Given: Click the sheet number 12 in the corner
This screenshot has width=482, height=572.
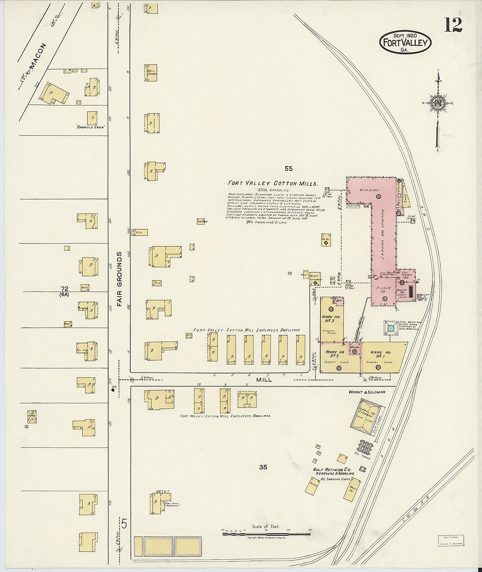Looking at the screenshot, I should pyautogui.click(x=453, y=25).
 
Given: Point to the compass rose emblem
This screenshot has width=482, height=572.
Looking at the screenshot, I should pyautogui.click(x=437, y=103).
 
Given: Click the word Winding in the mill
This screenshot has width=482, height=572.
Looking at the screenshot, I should pyautogui.click(x=365, y=190).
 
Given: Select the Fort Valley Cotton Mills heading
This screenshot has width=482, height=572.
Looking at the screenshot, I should pyautogui.click(x=272, y=184).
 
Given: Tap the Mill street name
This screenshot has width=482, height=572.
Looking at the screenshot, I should pyautogui.click(x=264, y=380).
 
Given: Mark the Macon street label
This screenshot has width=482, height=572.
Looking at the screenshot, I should pyautogui.click(x=36, y=56).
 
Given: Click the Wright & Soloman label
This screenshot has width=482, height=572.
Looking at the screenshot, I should pyautogui.click(x=367, y=392).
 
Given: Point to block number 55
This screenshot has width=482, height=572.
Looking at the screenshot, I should pyautogui.click(x=288, y=168).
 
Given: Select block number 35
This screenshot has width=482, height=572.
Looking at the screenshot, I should pyautogui.click(x=262, y=467).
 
